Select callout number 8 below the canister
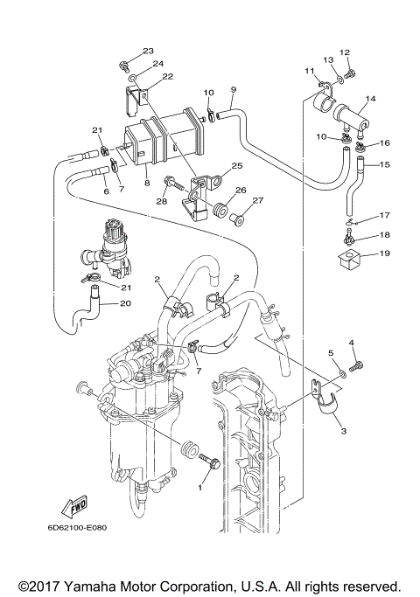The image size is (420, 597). point(146,184)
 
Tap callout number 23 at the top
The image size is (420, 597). point(148,52)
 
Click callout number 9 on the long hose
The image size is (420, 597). point(234,89)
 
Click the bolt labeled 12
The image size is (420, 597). point(349,75)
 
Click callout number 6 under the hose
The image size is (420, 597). point(105,191)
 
